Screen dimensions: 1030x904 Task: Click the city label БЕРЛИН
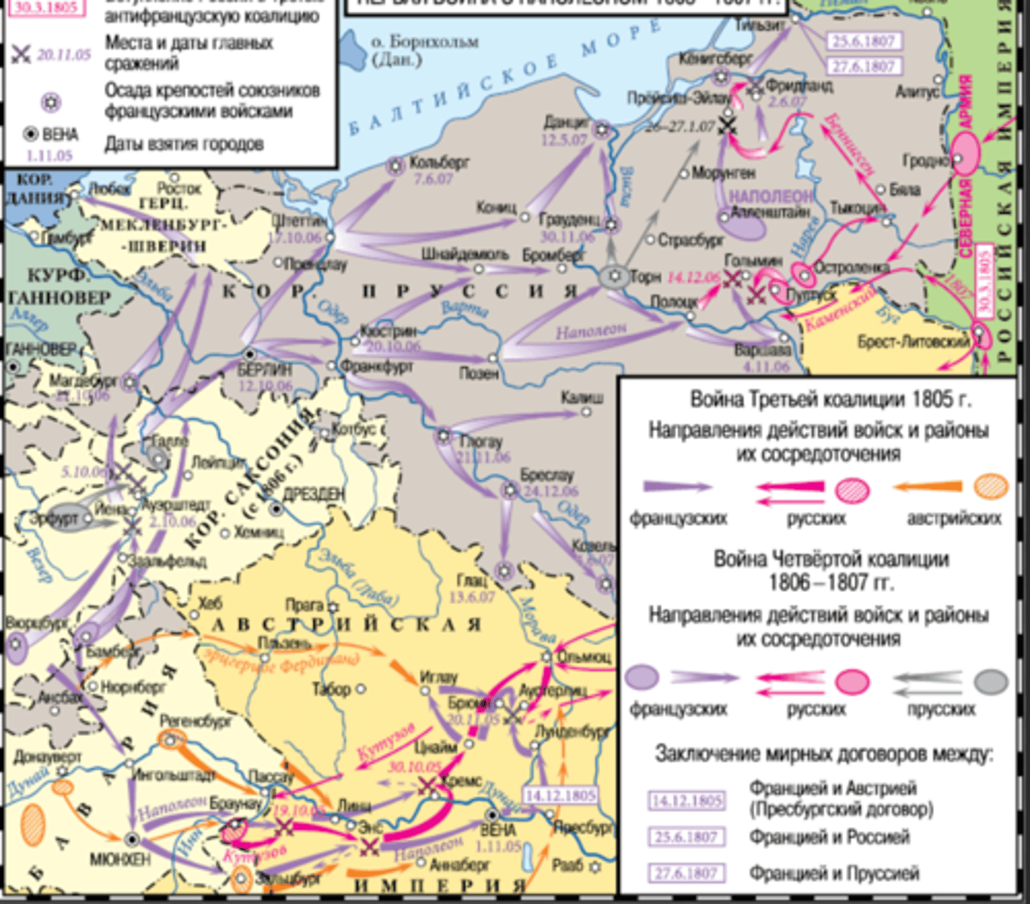[x=264, y=371]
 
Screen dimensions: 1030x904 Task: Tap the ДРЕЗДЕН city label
[x=313, y=495]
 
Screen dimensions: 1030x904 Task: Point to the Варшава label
[x=763, y=350]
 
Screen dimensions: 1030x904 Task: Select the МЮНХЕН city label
[x=120, y=859]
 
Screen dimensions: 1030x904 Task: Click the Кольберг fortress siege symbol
[x=395, y=166]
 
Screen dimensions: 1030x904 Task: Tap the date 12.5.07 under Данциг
[x=564, y=139]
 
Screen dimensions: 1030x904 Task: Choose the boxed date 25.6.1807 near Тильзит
[x=863, y=41]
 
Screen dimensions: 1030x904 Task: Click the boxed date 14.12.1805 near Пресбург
[x=560, y=796]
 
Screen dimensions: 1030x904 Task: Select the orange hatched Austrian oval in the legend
[x=991, y=487]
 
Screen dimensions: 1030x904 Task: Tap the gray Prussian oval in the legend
[x=991, y=682]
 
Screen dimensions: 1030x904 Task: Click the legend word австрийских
[x=954, y=518]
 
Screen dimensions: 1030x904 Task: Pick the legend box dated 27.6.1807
[x=686, y=873]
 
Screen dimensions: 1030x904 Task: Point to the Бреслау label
[x=547, y=475]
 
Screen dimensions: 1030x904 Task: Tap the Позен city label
[x=479, y=373]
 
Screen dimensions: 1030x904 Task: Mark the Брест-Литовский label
[x=913, y=342]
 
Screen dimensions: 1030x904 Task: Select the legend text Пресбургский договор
[x=841, y=810]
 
